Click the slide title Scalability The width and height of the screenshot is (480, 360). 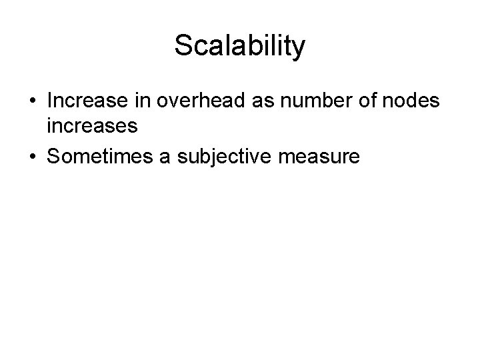point(239,47)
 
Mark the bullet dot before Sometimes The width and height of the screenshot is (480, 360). point(32,157)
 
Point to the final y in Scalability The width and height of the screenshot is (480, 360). point(299,49)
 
